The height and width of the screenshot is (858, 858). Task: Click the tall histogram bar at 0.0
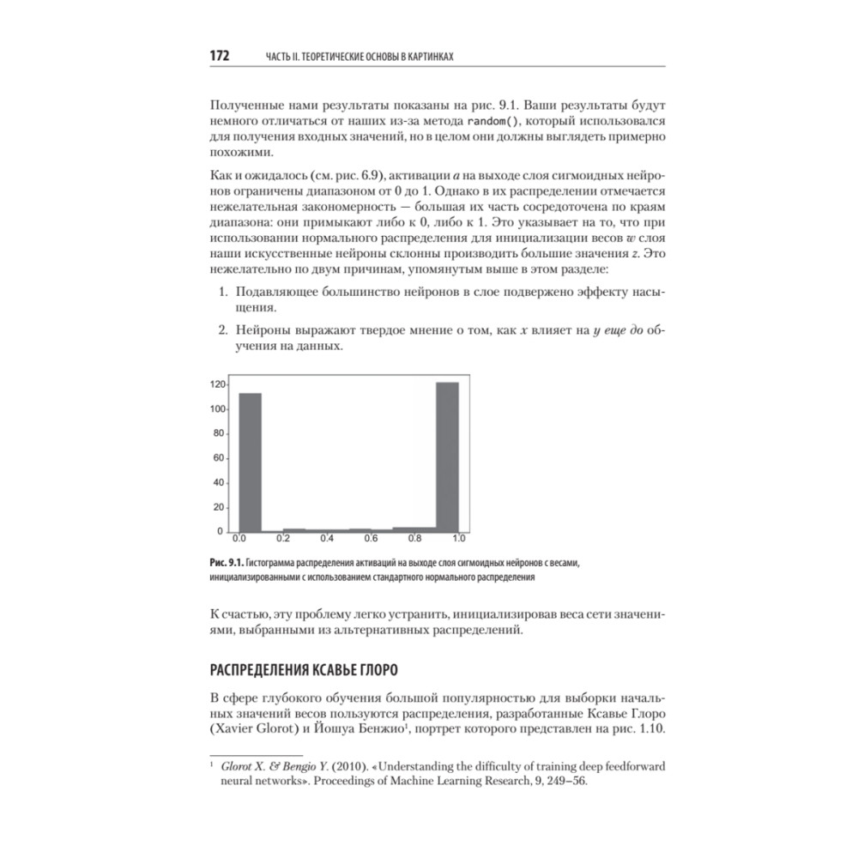pos(250,462)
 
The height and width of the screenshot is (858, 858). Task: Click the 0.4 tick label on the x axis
pos(327,539)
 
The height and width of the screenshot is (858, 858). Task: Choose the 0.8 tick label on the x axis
pos(414,539)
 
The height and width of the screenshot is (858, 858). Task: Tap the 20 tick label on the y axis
pos(219,507)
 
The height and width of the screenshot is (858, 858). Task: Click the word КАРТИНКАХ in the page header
pos(422,57)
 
